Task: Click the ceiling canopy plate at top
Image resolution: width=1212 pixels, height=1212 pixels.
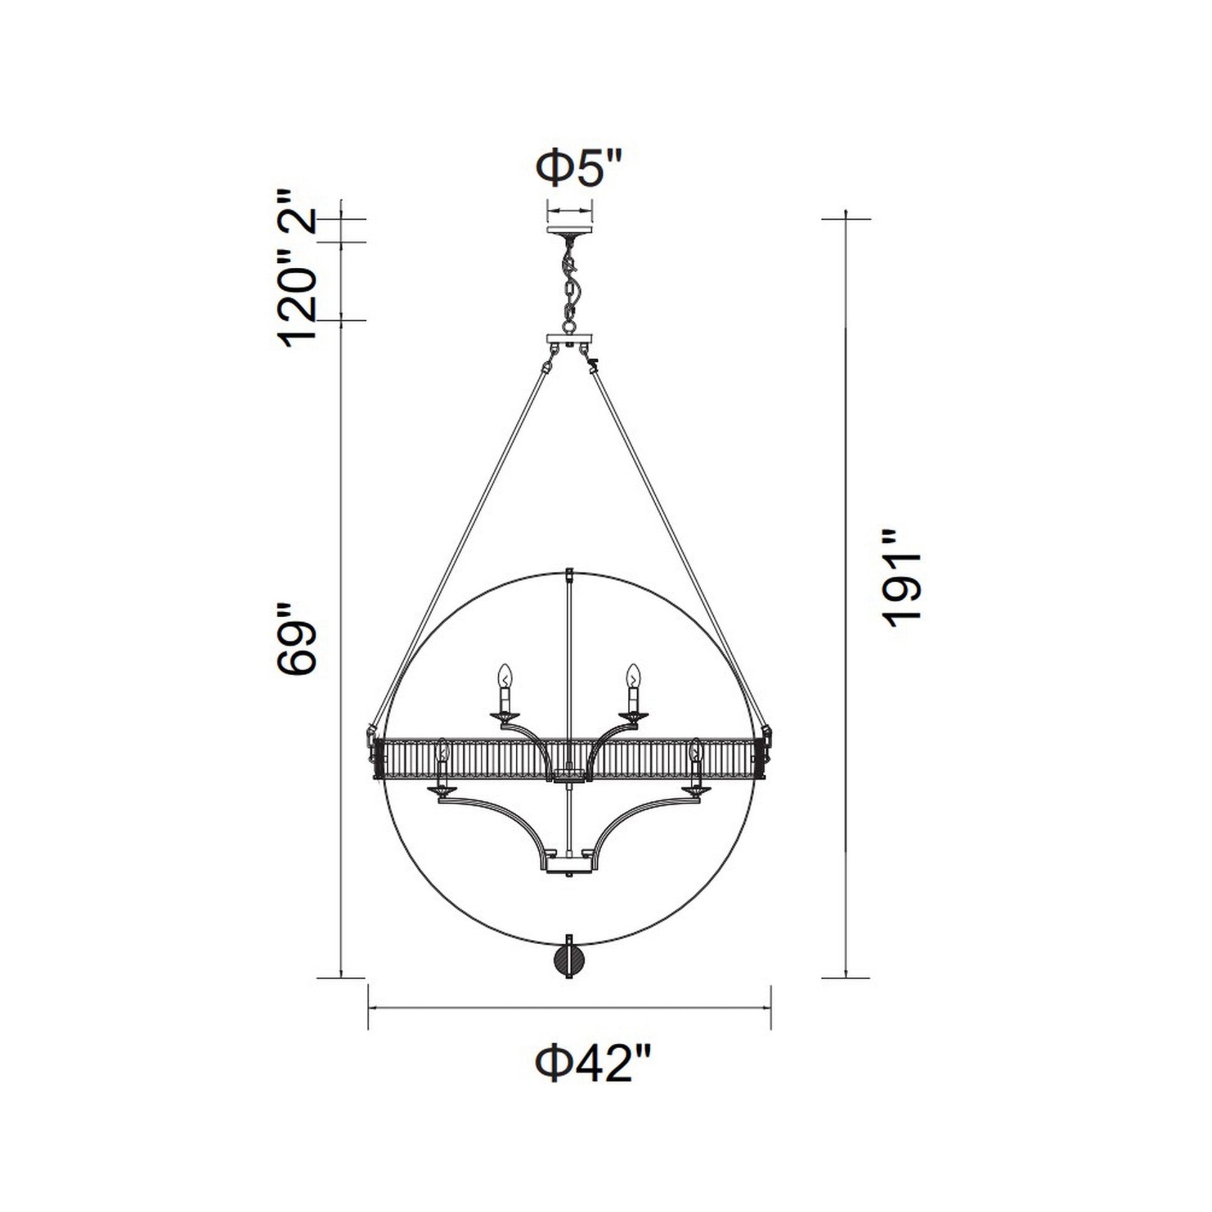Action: pyautogui.click(x=570, y=230)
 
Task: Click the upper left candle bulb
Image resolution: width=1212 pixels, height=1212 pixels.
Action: pyautogui.click(x=505, y=678)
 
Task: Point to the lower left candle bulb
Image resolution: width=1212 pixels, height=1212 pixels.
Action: pyautogui.click(x=443, y=752)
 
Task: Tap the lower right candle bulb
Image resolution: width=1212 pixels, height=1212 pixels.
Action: pyautogui.click(x=695, y=752)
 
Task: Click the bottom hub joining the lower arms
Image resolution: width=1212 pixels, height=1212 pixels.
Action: pyautogui.click(x=570, y=866)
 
